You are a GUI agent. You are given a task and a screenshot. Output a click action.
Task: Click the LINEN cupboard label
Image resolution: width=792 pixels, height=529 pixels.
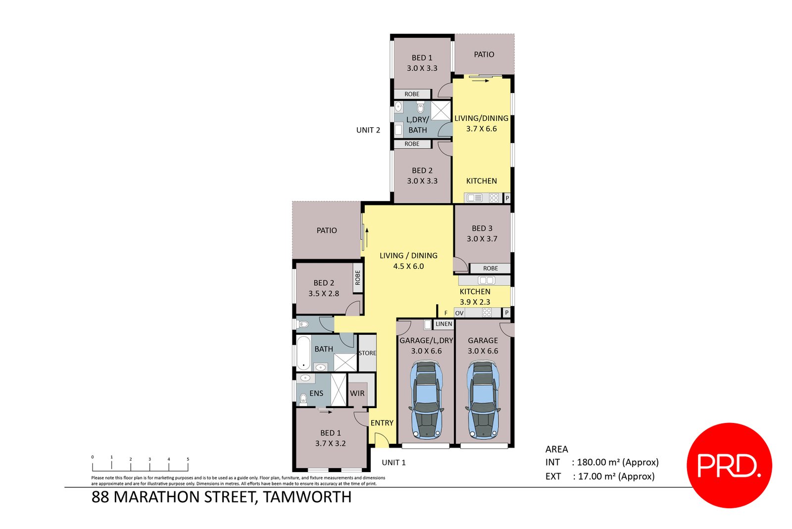coord(444,324)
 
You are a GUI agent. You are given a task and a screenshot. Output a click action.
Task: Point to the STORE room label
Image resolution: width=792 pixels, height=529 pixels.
coord(367,353)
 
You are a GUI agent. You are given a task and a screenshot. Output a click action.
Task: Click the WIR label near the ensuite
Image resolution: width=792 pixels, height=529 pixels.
coord(357,393)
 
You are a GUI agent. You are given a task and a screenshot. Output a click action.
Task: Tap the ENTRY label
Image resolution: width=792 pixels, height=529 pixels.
coord(382,423)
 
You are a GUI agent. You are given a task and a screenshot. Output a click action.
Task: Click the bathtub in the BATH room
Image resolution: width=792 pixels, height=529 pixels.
coord(303,353)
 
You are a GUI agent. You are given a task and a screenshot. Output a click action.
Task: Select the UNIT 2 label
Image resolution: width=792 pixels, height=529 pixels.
coord(368,130)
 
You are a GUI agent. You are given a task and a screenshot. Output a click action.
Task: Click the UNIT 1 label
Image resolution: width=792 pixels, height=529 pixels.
coord(394,463)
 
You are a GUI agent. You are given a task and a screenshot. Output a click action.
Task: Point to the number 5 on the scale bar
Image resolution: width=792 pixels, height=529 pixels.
coord(188,459)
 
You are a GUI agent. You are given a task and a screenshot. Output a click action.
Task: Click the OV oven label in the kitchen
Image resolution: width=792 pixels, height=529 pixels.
coord(459,313)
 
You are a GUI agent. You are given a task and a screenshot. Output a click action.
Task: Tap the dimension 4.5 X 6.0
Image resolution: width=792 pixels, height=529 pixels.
coord(408,266)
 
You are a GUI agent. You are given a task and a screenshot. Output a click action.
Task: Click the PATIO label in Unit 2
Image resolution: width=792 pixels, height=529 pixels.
coord(484,54)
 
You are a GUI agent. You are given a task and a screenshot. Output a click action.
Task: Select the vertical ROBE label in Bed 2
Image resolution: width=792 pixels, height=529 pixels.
coord(357,277)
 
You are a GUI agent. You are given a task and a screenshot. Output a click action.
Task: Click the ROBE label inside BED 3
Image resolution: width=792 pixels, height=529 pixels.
coord(490,268)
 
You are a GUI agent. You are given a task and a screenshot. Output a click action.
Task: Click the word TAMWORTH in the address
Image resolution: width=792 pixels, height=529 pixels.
coord(307,497)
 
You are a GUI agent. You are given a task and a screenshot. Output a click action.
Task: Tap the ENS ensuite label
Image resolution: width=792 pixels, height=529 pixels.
coord(316,393)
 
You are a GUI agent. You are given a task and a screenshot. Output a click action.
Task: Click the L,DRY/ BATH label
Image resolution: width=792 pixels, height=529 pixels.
coord(417,125)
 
